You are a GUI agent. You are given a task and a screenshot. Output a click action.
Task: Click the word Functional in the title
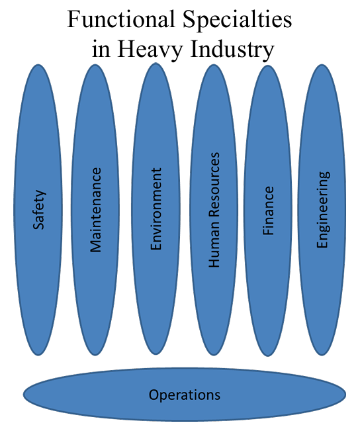pyautogui.click(x=121, y=19)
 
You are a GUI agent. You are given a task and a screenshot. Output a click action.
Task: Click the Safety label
pyautogui.click(x=38, y=210)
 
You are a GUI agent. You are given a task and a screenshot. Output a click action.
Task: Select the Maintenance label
pyautogui.click(x=96, y=210)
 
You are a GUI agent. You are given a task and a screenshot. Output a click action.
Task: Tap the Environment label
pyautogui.click(x=156, y=209)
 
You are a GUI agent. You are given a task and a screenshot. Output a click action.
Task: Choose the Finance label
pyautogui.click(x=268, y=211)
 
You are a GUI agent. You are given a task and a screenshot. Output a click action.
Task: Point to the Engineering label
pyautogui.click(x=323, y=210)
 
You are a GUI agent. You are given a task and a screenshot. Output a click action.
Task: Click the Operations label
pyautogui.click(x=185, y=395)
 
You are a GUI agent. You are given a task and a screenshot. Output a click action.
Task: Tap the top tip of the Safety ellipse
pyautogui.click(x=38, y=65)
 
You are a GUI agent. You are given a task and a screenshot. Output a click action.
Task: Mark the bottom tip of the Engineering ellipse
pyautogui.click(x=322, y=356)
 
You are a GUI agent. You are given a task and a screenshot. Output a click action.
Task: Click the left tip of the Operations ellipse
pyautogui.click(x=23, y=395)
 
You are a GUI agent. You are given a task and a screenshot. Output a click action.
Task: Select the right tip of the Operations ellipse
pyautogui.click(x=346, y=395)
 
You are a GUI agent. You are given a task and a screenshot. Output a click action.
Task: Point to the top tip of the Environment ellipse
pyautogui.click(x=156, y=63)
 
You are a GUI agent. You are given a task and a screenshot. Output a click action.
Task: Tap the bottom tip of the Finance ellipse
pyautogui.click(x=268, y=356)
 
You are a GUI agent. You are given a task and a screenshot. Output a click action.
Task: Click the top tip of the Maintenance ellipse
pyautogui.click(x=95, y=64)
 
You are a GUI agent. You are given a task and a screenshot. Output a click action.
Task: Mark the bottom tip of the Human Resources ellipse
pyautogui.click(x=213, y=356)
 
